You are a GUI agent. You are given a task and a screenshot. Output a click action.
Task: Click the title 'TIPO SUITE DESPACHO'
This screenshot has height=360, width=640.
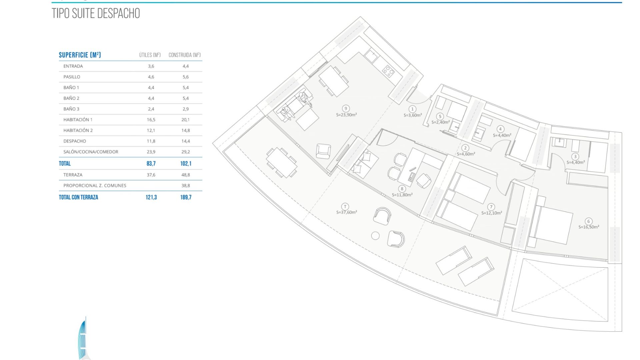tap(96, 13)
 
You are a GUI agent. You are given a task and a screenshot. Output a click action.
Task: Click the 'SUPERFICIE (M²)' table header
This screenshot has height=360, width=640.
tap(80, 55)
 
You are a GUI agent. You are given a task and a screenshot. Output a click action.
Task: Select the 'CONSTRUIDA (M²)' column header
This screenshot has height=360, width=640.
tap(185, 55)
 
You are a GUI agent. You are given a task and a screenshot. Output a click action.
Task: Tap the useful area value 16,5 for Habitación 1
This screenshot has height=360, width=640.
tap(151, 120)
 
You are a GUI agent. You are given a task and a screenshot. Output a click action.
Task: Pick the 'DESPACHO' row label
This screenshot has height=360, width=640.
tap(75, 141)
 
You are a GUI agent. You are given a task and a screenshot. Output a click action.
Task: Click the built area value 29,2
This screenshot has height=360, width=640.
tap(186, 152)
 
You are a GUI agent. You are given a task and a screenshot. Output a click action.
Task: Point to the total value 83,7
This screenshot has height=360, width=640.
tap(151, 163)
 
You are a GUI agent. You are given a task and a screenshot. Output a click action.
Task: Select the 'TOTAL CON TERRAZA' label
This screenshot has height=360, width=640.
tap(78, 197)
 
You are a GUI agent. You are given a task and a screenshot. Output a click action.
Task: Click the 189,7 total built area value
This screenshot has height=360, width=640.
tap(186, 197)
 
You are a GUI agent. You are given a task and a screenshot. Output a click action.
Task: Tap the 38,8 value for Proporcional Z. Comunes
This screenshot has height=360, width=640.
tap(186, 186)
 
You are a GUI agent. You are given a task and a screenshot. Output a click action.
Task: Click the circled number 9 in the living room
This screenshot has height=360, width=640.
tap(346, 108)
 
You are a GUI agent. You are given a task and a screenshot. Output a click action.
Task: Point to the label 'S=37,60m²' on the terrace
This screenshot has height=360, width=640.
tap(347, 212)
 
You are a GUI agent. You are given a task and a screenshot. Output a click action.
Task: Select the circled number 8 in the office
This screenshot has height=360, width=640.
tap(402, 189)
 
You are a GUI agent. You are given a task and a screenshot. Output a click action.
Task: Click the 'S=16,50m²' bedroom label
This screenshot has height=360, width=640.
tap(589, 227)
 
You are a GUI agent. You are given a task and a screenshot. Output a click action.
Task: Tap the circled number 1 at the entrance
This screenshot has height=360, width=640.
tap(412, 109)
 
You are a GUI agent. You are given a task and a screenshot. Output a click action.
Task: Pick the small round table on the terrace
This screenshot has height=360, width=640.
tap(375, 236)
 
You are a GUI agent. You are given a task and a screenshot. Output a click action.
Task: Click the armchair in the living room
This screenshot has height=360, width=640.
tap(323, 151)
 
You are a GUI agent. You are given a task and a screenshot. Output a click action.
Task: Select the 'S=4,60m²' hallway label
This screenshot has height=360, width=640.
tap(466, 154)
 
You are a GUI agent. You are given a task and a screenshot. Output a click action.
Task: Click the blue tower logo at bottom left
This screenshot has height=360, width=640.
tap(83, 338)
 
